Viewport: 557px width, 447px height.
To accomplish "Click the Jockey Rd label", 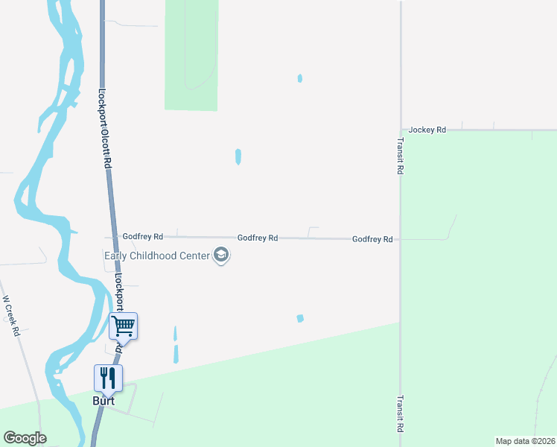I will point(427,130).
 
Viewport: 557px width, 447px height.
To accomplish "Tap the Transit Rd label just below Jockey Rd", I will point(400,156).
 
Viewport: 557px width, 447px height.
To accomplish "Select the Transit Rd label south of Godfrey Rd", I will point(400,413).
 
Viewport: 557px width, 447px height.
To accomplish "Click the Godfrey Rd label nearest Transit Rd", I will point(372,239).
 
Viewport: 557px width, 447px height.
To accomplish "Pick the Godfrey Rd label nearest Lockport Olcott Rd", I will point(143,236).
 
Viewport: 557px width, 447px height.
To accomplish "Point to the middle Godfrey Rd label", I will point(258,238).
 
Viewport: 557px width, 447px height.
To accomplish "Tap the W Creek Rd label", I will point(11,316).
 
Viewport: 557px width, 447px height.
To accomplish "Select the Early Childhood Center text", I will point(157,256).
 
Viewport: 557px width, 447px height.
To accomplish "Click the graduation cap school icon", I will point(220,256).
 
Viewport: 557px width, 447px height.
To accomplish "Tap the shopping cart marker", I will point(123,326).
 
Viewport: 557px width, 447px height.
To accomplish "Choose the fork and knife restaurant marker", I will point(108,378).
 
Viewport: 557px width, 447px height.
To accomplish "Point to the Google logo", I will point(25,438).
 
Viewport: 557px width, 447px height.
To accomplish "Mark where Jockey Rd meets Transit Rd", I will point(401,130).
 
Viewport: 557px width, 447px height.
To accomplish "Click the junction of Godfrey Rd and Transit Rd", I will point(401,239).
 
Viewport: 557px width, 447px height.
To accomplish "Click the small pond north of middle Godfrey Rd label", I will point(238,156).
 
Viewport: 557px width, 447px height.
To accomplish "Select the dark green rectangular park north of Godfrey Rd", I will point(191,56).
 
